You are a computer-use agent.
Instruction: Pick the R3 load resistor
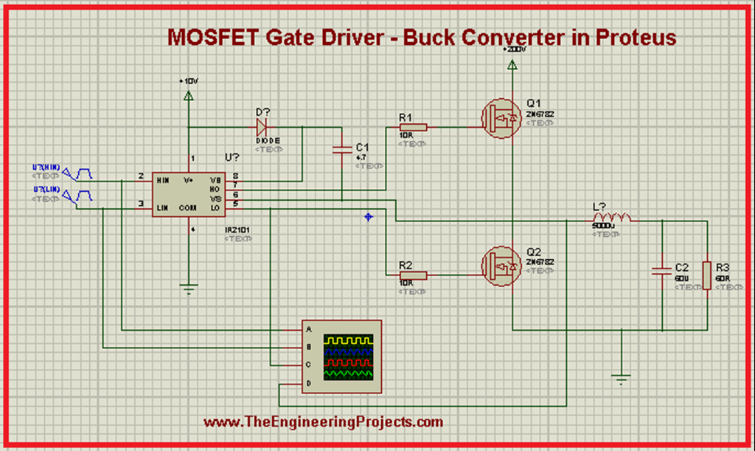point(706,275)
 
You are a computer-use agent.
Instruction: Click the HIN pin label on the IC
point(164,179)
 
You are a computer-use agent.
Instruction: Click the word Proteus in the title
point(636,37)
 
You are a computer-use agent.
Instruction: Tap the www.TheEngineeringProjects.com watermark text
point(323,422)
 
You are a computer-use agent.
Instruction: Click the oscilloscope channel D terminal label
point(309,384)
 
